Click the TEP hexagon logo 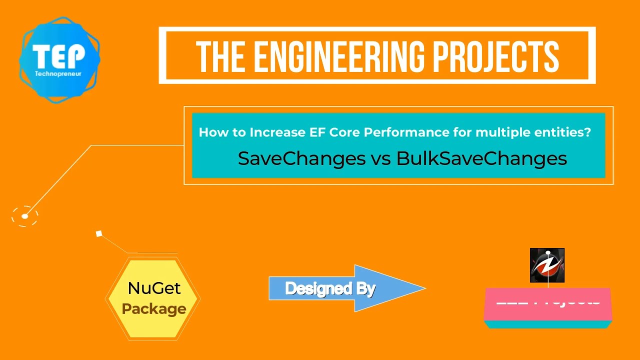[59, 59]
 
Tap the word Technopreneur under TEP [59, 73]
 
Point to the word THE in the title [218, 56]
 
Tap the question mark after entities [587, 132]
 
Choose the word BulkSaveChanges [481, 158]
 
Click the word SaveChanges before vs [301, 158]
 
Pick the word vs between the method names [381, 159]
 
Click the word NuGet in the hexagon [154, 288]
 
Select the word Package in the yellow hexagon [154, 309]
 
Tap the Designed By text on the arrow [330, 288]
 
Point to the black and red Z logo [547, 265]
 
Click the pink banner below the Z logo [548, 304]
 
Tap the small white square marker [99, 233]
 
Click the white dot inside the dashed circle [25, 216]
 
